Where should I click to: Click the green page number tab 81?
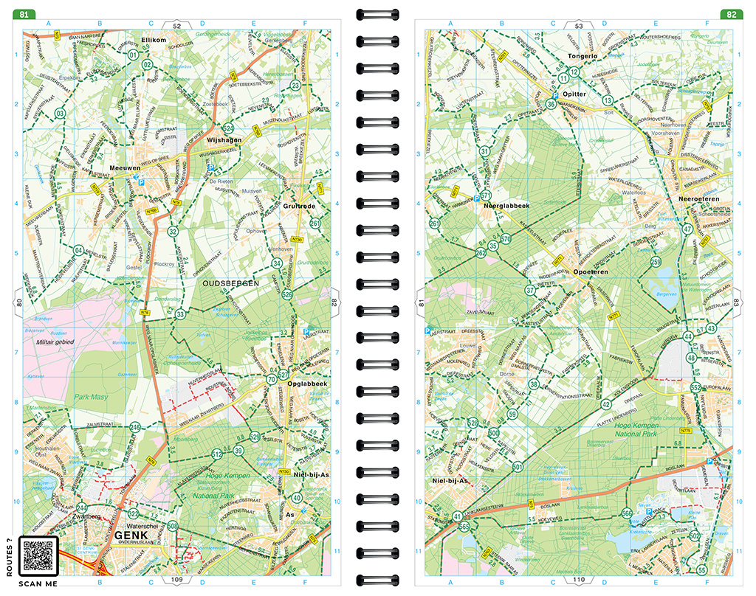click(x=27, y=14)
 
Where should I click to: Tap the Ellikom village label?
click(x=155, y=39)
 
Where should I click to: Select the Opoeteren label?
click(x=590, y=272)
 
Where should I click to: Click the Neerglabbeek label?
click(x=506, y=206)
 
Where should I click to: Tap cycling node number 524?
click(x=229, y=128)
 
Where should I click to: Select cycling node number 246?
click(x=135, y=428)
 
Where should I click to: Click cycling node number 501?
click(x=518, y=467)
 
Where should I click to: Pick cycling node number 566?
click(x=627, y=513)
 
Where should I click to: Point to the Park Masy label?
click(x=91, y=398)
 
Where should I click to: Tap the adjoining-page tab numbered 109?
click(x=176, y=580)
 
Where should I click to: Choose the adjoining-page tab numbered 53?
click(x=579, y=26)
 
